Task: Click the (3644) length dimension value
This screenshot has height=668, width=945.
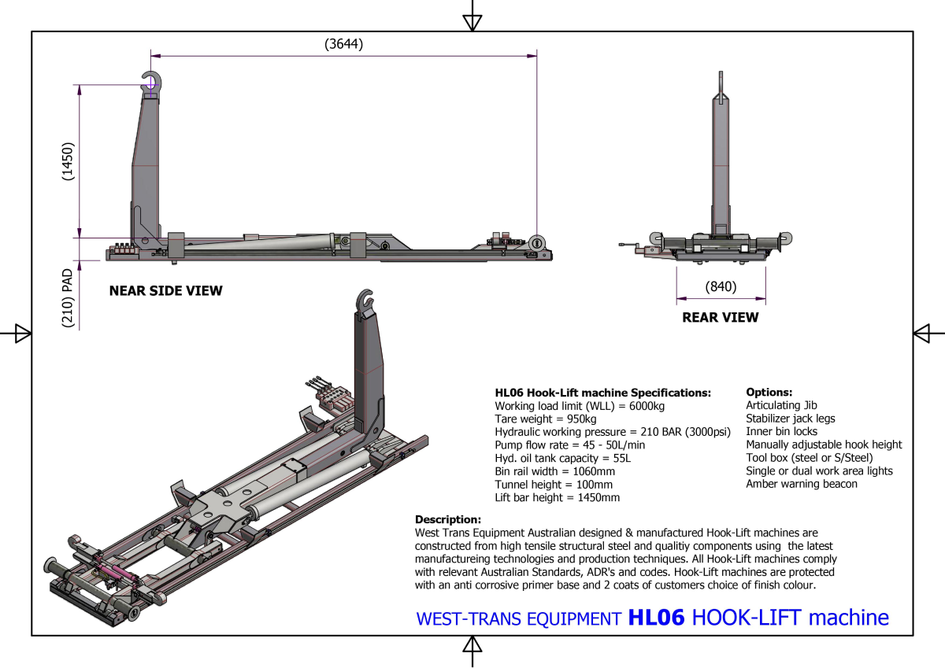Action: [343, 45]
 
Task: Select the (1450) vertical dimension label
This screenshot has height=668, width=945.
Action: [68, 162]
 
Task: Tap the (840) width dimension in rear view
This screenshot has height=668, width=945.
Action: [721, 287]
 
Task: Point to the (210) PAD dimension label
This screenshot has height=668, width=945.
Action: [68, 298]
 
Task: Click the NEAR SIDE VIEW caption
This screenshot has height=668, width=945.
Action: [165, 291]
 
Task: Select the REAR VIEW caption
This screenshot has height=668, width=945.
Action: [720, 318]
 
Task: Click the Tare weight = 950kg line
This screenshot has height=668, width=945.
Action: [544, 419]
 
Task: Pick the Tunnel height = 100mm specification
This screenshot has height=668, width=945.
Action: [554, 485]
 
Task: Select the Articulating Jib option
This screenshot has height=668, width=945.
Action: [781, 406]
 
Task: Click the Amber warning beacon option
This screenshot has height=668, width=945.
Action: [802, 484]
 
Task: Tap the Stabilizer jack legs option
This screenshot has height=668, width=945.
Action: [791, 419]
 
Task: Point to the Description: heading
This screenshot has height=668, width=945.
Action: [447, 520]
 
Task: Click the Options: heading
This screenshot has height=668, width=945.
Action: [769, 393]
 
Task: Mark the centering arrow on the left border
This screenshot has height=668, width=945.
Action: [22, 334]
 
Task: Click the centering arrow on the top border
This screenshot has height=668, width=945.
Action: [472, 20]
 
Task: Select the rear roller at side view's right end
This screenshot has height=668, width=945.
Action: [538, 242]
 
